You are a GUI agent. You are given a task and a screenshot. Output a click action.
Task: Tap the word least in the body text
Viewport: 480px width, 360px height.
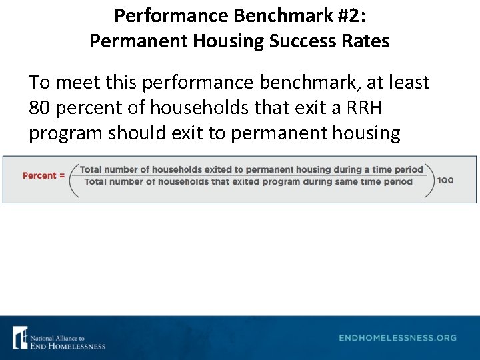(407, 83)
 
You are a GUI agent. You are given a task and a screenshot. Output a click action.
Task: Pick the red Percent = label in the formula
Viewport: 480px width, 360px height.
(43, 175)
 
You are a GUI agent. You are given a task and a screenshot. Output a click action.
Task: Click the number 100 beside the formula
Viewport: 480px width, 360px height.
(445, 181)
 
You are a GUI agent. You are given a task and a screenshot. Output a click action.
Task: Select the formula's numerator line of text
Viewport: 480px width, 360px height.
(251, 169)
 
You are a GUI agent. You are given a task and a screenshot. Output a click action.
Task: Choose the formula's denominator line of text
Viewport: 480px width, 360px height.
(249, 182)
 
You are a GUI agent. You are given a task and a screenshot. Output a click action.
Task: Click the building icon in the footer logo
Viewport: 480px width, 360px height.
(20, 337)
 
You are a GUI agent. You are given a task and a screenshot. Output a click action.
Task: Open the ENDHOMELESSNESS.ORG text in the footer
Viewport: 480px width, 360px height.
(398, 338)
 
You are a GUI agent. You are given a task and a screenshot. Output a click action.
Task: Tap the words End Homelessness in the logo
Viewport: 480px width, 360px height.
(67, 345)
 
